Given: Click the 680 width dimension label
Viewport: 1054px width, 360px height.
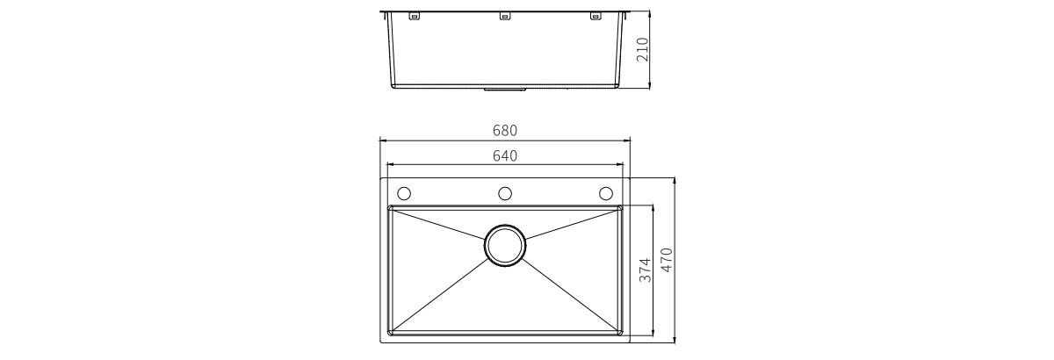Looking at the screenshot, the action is [x=505, y=130].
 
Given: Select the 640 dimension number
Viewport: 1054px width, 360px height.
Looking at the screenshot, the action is [x=505, y=155].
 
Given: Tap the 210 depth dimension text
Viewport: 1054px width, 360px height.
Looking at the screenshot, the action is [x=642, y=49].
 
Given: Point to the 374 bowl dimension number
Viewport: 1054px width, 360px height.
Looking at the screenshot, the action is [x=646, y=270].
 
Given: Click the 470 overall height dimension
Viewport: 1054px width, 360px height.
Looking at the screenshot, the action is [x=668, y=260].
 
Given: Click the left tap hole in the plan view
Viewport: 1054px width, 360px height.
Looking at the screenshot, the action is [x=404, y=193].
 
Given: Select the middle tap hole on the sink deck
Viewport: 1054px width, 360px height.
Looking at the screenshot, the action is [x=505, y=193].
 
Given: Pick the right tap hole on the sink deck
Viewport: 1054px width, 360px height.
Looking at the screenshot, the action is [x=605, y=193].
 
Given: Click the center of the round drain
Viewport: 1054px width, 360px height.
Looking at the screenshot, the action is [x=505, y=246].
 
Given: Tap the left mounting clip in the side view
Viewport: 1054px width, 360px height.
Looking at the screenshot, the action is [x=414, y=17].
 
